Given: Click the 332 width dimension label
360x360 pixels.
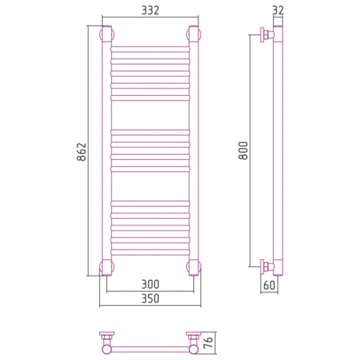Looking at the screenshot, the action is click(150, 10).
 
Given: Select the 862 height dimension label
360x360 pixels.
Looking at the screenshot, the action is click(81, 152).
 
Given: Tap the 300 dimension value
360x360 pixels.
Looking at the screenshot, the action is click(150, 284).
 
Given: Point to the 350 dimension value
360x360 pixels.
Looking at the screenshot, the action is click(150, 298).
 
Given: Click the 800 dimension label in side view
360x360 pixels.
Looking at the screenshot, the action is click(243, 150).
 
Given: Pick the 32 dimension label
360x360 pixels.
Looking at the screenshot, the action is click(278, 10).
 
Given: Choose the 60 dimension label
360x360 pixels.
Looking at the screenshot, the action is click(269, 285).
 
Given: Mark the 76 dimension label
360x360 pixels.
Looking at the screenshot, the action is click(208, 343).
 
